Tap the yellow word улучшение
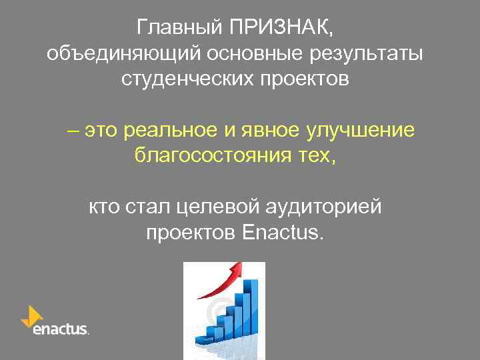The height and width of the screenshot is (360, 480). pyautogui.click(x=360, y=131)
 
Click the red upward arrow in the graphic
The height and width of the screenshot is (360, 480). pyautogui.click(x=220, y=279)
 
